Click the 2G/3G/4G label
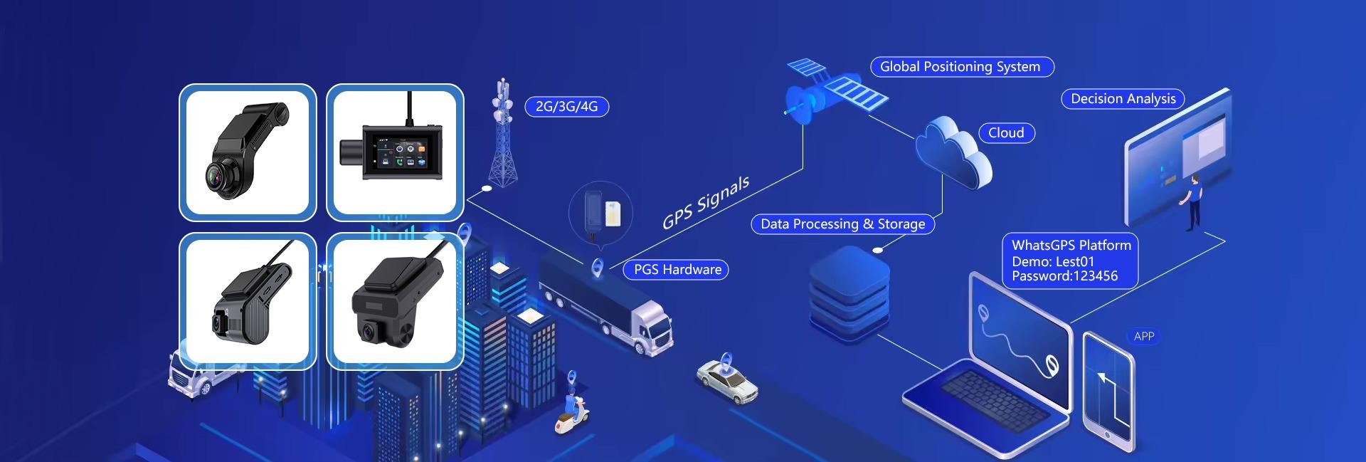coord(566,107)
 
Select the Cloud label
coord(1006,133)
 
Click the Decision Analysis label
coord(1123,99)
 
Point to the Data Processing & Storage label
coord(842,224)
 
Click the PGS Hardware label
coord(677,270)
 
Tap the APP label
coord(1144,337)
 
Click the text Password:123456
coord(1064,276)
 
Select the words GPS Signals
coord(705,203)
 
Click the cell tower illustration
coord(503,135)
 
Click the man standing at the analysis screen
coord(1194,202)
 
